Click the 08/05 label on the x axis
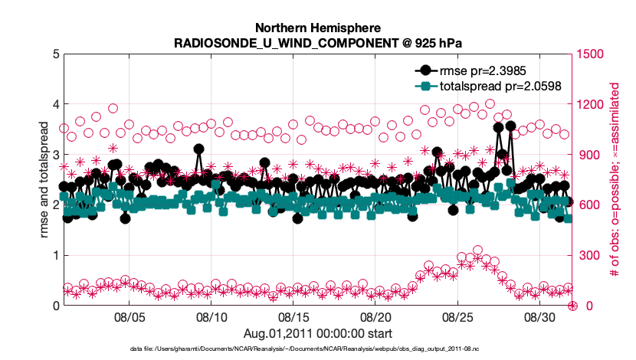[x=129, y=316]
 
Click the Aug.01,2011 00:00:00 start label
[x=317, y=332]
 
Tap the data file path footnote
[x=317, y=349]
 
